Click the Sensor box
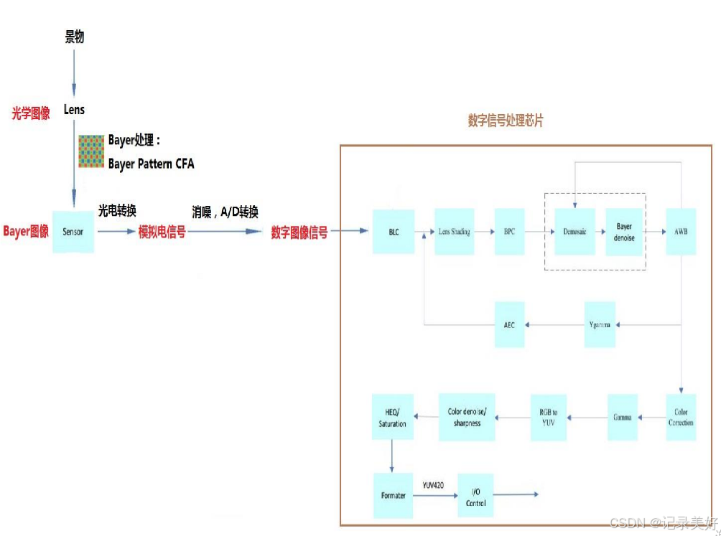click(x=73, y=232)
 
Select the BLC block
click(x=394, y=232)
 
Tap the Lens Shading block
click(x=455, y=232)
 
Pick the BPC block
click(x=509, y=232)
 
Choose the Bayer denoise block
click(x=624, y=232)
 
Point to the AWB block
click(x=680, y=232)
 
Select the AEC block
click(x=509, y=324)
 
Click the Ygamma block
click(x=599, y=324)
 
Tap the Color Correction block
click(x=681, y=417)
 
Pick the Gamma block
click(x=622, y=417)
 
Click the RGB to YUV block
click(x=549, y=417)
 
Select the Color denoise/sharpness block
click(x=467, y=417)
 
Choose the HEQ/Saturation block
click(x=392, y=417)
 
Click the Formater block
click(x=393, y=495)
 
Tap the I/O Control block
click(x=475, y=495)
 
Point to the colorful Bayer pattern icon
click(x=91, y=151)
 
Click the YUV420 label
click(x=433, y=486)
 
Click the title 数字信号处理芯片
click(x=506, y=121)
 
